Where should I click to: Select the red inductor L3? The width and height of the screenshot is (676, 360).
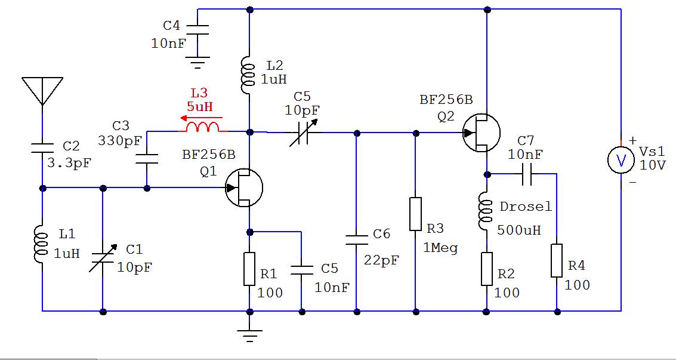(x=203, y=126)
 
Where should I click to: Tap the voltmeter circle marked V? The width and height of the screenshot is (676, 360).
(x=621, y=161)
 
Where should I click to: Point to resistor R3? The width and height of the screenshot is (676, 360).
(x=415, y=214)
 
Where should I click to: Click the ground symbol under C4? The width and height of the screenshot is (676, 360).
(x=198, y=62)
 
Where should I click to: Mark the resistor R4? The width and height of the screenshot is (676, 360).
(x=557, y=260)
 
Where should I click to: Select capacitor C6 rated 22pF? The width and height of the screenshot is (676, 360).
(x=356, y=239)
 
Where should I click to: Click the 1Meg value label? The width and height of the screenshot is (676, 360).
(x=441, y=247)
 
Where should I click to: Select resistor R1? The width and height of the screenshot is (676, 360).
(x=249, y=269)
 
